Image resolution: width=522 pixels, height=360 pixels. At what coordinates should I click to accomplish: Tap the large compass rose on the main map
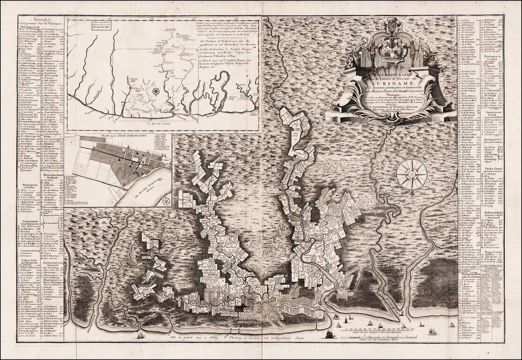(x=411, y=175)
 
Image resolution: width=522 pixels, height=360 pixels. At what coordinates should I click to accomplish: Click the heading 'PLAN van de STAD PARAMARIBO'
(x=118, y=138)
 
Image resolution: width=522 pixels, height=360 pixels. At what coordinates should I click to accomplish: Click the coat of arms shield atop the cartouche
(x=392, y=47)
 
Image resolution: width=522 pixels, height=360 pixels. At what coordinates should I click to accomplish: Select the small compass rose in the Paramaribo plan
(x=166, y=200)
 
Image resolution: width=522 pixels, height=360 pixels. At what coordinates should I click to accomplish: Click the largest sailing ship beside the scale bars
(x=330, y=334)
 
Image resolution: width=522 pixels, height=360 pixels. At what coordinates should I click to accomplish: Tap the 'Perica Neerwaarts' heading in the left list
(x=52, y=176)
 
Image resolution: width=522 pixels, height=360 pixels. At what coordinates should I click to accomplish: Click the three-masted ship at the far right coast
(x=432, y=330)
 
